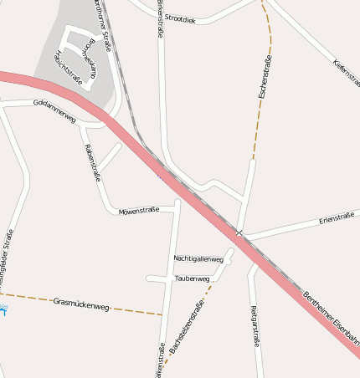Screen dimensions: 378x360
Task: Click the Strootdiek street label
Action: pos(180,18)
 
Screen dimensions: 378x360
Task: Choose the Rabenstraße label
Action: pos(91,162)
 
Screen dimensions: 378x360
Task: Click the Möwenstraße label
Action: pos(138,211)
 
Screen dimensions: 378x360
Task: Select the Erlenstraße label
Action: pos(336,218)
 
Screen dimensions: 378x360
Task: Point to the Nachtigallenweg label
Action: pos(198,259)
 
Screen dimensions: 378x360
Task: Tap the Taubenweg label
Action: pos(191,278)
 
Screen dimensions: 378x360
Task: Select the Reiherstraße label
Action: pos(255,326)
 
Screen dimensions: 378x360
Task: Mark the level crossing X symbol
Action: pos(239,232)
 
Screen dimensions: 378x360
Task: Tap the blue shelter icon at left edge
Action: pos(3,309)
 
